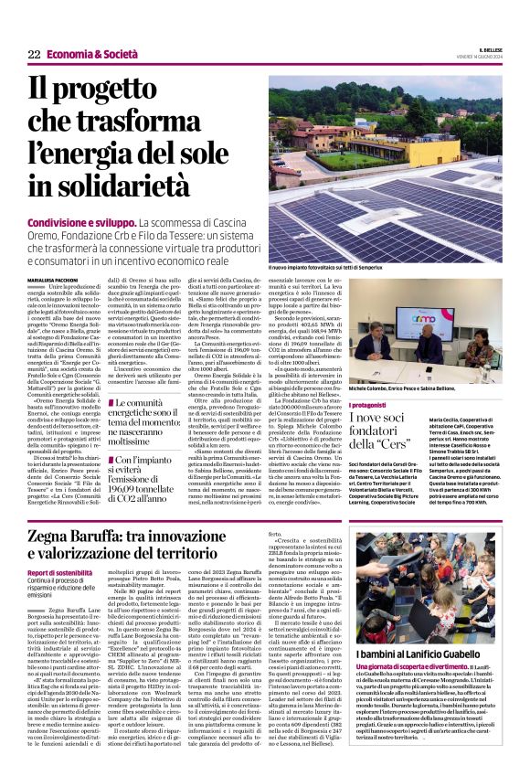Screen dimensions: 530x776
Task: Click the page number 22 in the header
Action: tap(33, 55)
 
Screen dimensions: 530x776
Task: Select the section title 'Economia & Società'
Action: tap(90, 55)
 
